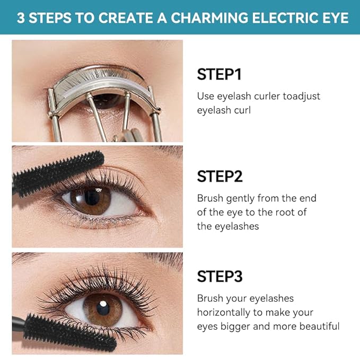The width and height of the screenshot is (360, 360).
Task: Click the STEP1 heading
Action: pos(219,74)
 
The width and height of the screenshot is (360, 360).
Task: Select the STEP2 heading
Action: pos(220,176)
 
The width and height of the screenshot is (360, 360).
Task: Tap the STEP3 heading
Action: pos(220,276)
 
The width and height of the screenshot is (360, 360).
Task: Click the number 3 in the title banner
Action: pos(21,18)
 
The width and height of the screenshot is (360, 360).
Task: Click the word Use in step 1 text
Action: pos(205,96)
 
